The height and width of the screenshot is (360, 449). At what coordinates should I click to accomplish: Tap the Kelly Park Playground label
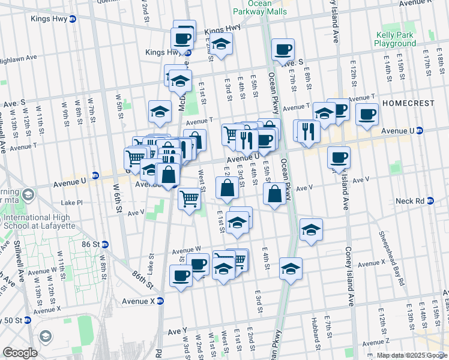click(x=394, y=40)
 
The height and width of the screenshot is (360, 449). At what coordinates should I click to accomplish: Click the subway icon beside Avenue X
click(x=160, y=301)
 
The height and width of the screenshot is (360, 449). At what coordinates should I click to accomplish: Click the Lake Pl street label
click(x=71, y=203)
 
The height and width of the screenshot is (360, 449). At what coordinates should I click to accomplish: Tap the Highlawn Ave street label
click(x=19, y=58)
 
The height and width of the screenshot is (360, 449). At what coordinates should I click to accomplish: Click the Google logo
click(x=20, y=353)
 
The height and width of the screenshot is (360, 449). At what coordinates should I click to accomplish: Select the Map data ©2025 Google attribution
click(x=412, y=355)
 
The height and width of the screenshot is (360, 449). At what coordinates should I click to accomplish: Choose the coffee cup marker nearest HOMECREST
click(x=366, y=113)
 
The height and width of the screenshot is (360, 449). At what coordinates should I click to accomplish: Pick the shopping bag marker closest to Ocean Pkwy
click(x=274, y=193)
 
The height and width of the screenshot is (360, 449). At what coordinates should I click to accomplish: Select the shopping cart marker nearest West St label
click(x=190, y=197)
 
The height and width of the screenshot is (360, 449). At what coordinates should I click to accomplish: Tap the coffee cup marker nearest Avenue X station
click(x=181, y=275)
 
